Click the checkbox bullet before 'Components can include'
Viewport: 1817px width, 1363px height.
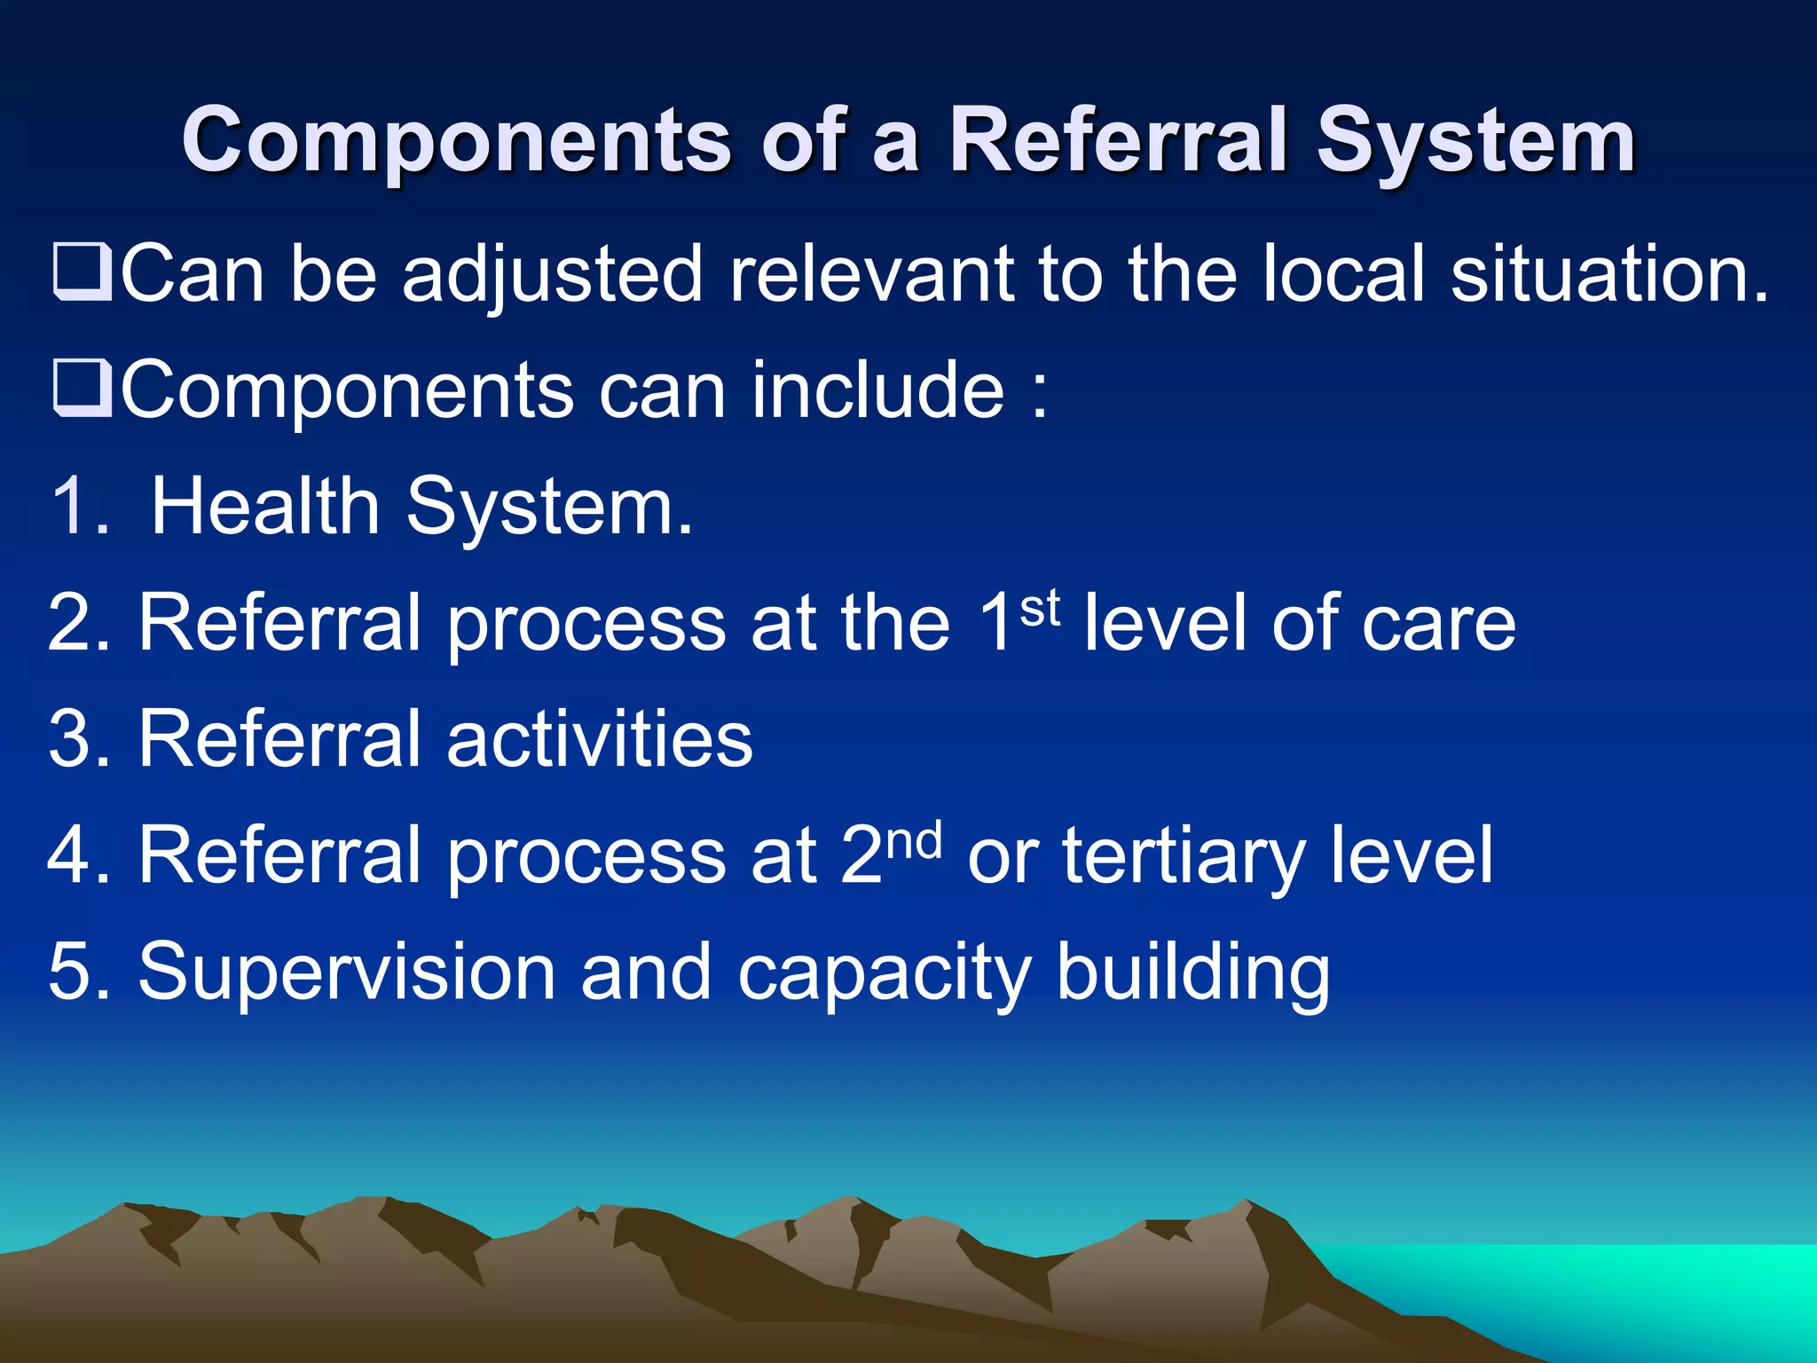83,390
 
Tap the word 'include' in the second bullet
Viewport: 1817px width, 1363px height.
878,390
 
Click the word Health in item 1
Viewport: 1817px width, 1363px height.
264,507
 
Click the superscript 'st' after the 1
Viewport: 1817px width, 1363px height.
1040,609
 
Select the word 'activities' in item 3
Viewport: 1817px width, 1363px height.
600,739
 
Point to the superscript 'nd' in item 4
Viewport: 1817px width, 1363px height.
914,841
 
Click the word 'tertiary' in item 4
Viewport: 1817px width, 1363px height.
1184,857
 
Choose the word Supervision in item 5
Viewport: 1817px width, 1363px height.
346,973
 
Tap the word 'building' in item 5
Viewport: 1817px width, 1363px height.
1192,973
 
